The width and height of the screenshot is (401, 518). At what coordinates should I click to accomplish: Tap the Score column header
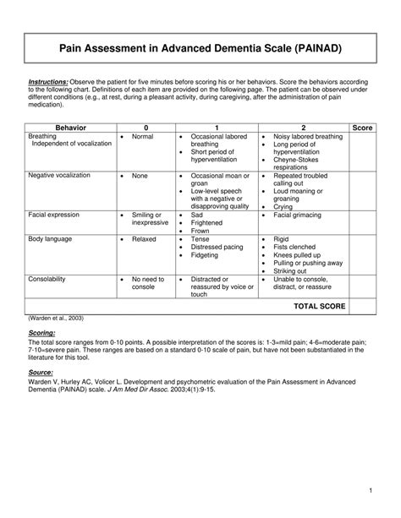tap(361, 127)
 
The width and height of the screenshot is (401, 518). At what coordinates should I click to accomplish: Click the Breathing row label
tap(43, 135)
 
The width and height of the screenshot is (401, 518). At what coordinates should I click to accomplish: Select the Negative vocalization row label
tap(59, 176)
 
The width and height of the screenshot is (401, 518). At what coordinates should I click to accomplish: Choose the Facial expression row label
tap(55, 215)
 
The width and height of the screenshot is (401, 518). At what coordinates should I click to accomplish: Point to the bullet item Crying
tap(284, 206)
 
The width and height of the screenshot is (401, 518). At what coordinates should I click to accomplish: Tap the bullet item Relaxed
tap(144, 240)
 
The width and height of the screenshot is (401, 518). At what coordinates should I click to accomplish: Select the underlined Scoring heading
tap(44, 334)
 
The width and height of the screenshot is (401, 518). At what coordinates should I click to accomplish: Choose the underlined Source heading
tap(42, 372)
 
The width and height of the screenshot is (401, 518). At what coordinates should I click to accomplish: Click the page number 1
tap(371, 491)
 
